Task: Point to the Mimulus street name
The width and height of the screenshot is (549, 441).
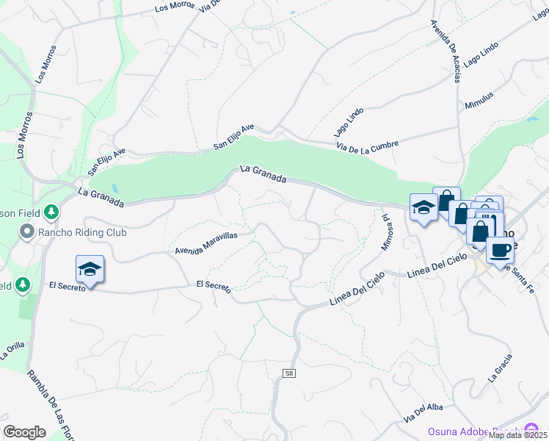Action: [479, 101]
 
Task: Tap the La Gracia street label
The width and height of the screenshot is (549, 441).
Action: [499, 370]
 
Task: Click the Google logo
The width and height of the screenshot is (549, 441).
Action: [24, 432]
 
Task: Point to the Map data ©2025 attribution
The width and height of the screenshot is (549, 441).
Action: [518, 435]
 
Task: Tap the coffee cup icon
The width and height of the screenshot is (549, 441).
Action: [500, 249]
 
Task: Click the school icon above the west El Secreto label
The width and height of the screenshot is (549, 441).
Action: [90, 269]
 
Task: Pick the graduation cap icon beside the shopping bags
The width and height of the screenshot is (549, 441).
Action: [423, 208]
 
